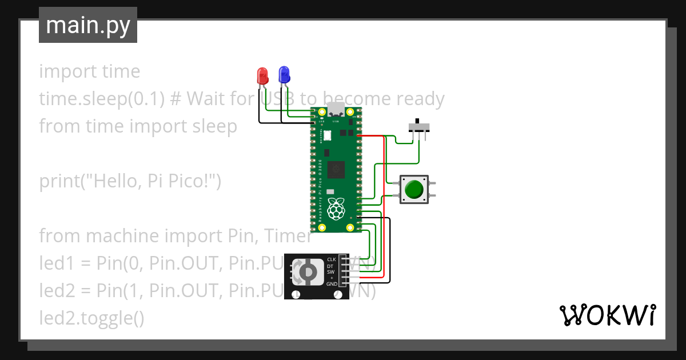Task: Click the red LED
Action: click(x=262, y=75)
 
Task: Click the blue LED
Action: click(x=284, y=74)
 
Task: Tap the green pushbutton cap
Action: click(x=414, y=189)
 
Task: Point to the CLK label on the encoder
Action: click(x=331, y=259)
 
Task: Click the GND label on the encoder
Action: click(x=332, y=284)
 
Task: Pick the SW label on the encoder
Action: click(x=330, y=272)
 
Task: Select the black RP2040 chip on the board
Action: click(x=338, y=170)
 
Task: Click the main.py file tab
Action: click(x=88, y=25)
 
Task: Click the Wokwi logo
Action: click(x=607, y=315)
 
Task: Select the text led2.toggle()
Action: click(x=91, y=318)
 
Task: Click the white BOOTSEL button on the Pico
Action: click(x=328, y=135)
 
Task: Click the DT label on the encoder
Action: click(x=330, y=266)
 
